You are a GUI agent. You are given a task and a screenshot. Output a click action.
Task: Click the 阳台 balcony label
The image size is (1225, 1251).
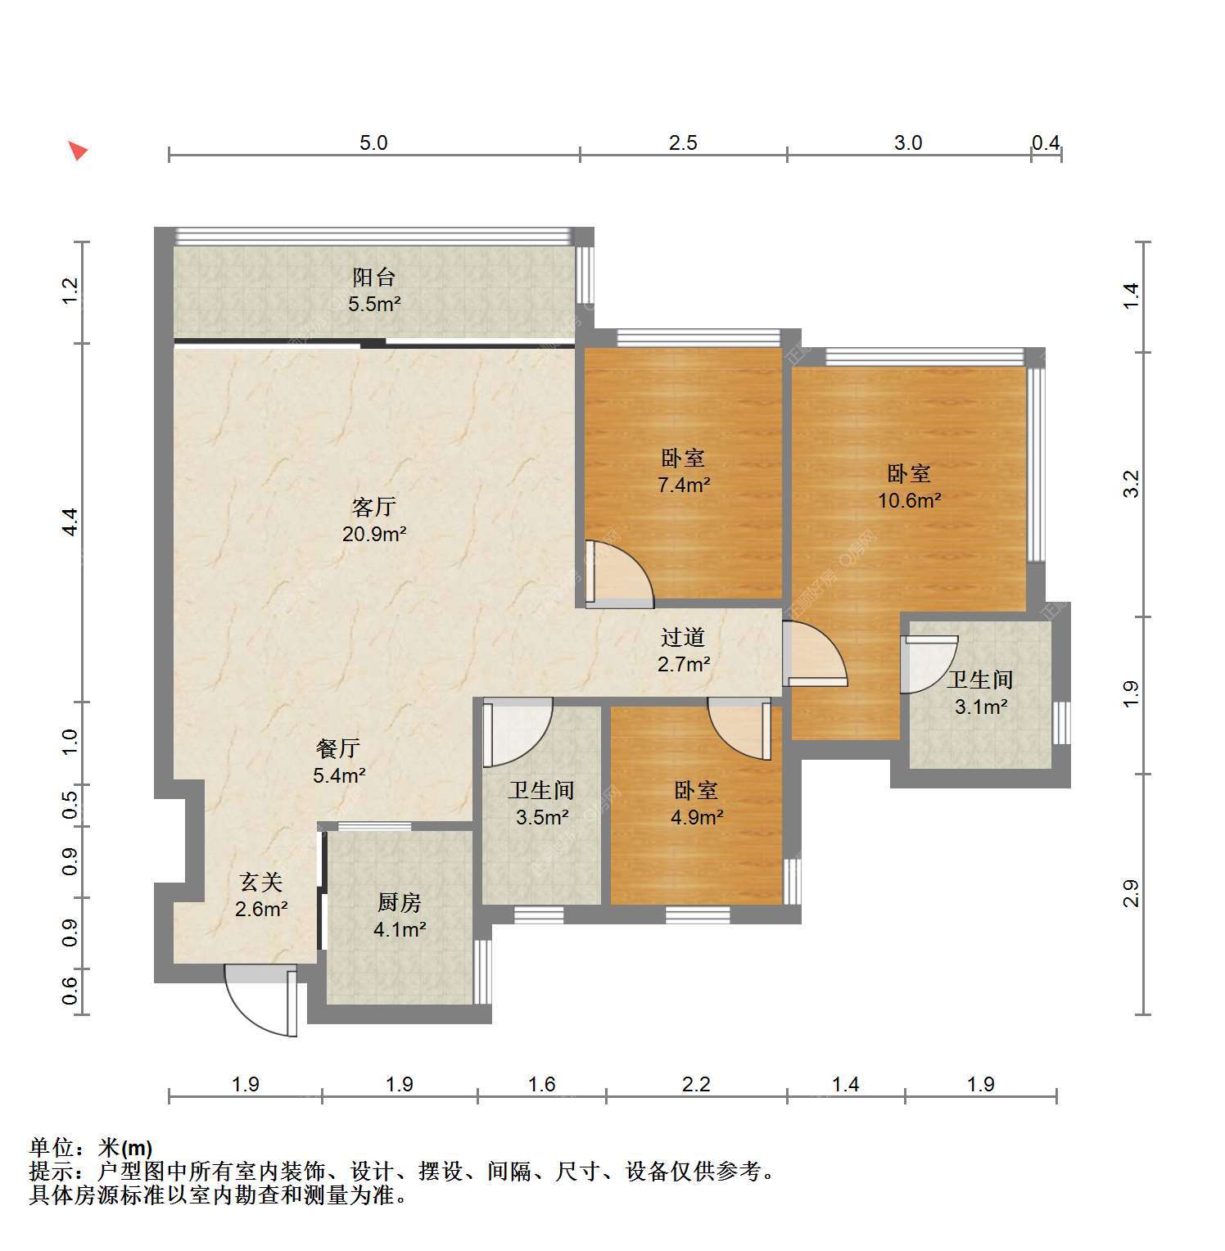coord(374,278)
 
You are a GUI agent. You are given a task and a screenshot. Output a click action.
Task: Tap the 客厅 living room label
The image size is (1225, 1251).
coord(374,508)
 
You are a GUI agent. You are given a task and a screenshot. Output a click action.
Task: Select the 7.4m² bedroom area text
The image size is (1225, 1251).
coord(684,485)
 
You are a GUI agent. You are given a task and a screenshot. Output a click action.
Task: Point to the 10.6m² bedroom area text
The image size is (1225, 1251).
coord(909,500)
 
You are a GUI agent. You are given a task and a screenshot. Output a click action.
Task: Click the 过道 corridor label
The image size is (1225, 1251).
coord(683,637)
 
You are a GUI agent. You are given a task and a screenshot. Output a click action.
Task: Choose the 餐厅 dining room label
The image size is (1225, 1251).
coord(338,748)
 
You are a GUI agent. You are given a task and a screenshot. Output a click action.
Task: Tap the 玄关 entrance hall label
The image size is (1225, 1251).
coord(261,882)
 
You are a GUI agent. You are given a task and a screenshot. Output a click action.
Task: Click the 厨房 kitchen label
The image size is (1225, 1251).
coord(400,902)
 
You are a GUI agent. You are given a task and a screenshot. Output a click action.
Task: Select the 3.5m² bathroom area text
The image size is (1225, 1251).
coord(542,817)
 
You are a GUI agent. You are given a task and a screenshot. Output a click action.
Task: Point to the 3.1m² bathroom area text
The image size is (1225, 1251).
coord(981,707)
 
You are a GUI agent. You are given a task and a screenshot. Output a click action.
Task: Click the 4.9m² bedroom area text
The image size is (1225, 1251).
coord(697,817)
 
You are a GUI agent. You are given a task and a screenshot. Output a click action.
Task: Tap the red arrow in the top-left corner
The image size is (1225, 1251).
coord(77,151)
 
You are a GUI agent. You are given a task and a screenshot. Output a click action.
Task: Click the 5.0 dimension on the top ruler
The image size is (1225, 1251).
coord(373,143)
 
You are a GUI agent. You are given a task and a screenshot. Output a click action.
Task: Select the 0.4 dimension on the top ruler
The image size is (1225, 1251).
coord(1046,143)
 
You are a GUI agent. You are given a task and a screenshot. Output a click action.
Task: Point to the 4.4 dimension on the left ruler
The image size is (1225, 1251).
coord(71,522)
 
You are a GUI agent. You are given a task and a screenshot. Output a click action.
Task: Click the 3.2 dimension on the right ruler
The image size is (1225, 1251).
coord(1131,484)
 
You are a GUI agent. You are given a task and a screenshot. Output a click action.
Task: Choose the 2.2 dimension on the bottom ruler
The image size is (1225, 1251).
coord(696,1085)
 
